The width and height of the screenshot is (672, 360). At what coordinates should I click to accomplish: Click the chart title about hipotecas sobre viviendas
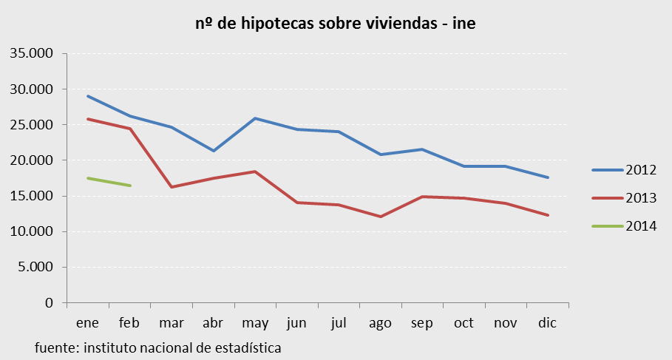click(x=335, y=24)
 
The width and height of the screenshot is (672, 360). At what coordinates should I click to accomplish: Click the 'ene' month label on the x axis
click(x=87, y=323)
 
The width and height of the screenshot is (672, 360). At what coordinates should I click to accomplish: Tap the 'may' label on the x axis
click(x=254, y=324)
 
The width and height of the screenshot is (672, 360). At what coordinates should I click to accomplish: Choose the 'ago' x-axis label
click(x=380, y=324)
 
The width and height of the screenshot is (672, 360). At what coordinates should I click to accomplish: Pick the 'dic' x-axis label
click(x=547, y=323)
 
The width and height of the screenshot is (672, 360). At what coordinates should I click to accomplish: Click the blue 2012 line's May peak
click(x=255, y=118)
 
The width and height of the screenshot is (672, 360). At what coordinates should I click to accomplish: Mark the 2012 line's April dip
click(x=213, y=151)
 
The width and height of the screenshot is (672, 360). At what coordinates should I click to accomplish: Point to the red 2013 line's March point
click(x=172, y=187)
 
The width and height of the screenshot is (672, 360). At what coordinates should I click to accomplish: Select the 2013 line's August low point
click(x=380, y=217)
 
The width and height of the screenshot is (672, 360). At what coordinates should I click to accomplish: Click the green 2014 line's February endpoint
click(x=130, y=186)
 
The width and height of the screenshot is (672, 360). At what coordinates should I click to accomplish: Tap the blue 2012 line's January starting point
click(x=88, y=96)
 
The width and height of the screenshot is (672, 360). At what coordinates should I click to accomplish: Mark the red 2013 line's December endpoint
click(x=547, y=215)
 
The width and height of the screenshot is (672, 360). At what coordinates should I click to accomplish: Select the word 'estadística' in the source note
click(x=248, y=347)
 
